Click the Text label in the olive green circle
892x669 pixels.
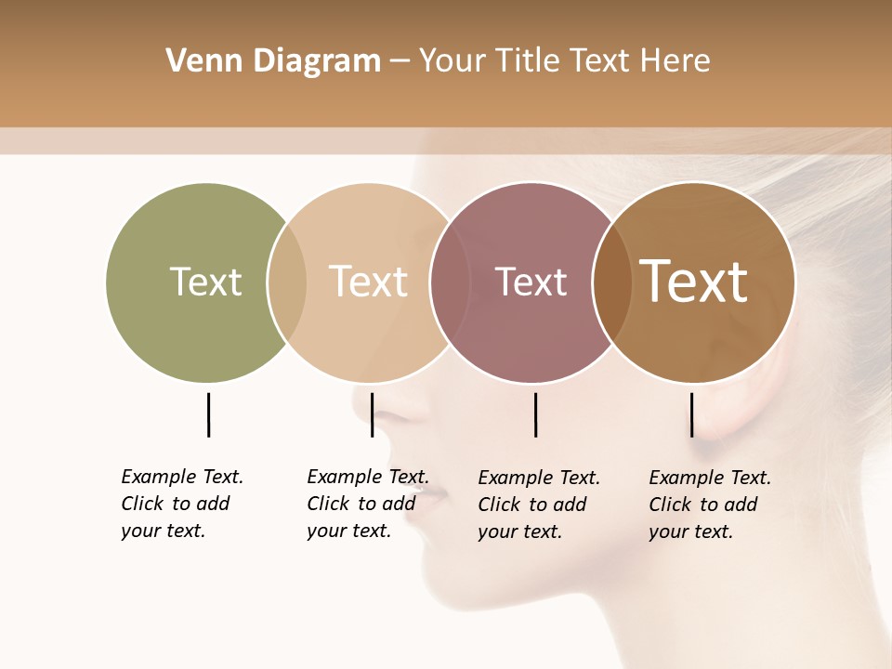pyautogui.click(x=205, y=282)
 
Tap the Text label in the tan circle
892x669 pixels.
pyautogui.click(x=368, y=282)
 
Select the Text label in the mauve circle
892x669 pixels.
pyautogui.click(x=531, y=282)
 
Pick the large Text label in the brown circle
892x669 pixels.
pyautogui.click(x=693, y=282)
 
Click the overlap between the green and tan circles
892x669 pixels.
pyautogui.click(x=287, y=282)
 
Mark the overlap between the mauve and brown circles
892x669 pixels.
pyautogui.click(x=611, y=282)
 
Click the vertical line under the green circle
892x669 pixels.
pyautogui.click(x=208, y=414)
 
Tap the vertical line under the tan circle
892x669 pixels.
pyautogui.click(x=372, y=414)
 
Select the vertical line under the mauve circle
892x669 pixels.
pyautogui.click(x=535, y=414)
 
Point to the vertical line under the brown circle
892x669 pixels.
pyautogui.click(x=691, y=414)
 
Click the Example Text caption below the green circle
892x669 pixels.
pyautogui.click(x=182, y=504)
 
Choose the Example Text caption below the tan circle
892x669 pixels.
pyautogui.click(x=368, y=504)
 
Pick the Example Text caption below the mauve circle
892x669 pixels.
pyautogui.click(x=539, y=505)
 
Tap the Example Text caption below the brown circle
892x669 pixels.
pyautogui.click(x=710, y=505)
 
